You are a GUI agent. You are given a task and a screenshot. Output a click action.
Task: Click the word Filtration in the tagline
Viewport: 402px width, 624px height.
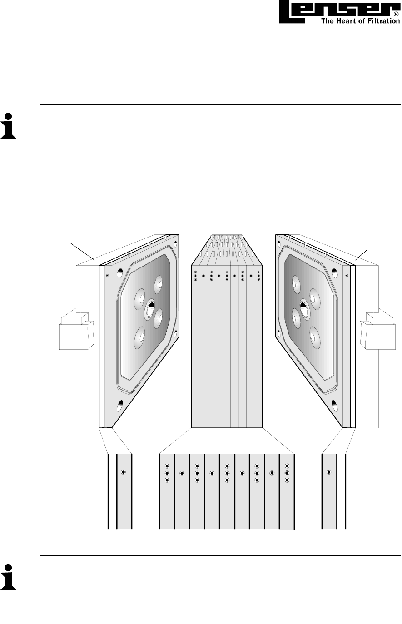tap(383, 20)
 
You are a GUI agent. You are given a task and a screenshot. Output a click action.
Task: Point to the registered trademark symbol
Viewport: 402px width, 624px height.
tap(396, 14)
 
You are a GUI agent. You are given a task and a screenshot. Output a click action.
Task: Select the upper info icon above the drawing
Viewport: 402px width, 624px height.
tap(8, 125)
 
